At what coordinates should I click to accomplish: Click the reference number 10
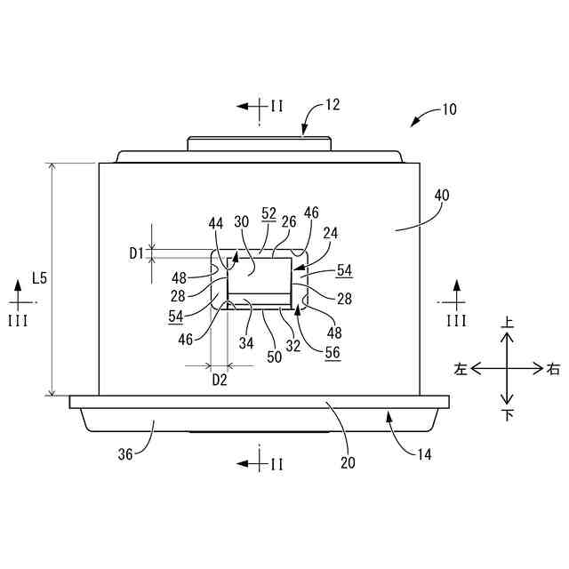pos(448,110)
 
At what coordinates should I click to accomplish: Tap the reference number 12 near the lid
pos(332,105)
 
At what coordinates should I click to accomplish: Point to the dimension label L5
pos(39,278)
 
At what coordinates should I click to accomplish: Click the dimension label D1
pos(135,253)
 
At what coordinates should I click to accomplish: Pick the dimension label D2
pos(219,380)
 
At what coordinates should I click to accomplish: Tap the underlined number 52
pos(268,213)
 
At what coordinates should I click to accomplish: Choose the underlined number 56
pos(333,353)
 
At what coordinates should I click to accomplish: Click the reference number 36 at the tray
pos(125,453)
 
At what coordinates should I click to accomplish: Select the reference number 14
pos(423,453)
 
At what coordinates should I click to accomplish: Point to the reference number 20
pos(348,462)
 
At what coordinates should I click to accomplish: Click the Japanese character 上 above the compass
pos(508,325)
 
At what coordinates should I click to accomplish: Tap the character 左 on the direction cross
pos(461,368)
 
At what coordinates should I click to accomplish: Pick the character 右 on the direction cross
pos(554,368)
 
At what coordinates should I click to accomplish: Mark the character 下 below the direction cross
pos(508,414)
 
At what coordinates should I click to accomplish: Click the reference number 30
pos(241,222)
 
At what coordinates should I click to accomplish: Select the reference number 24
pos(332,233)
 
